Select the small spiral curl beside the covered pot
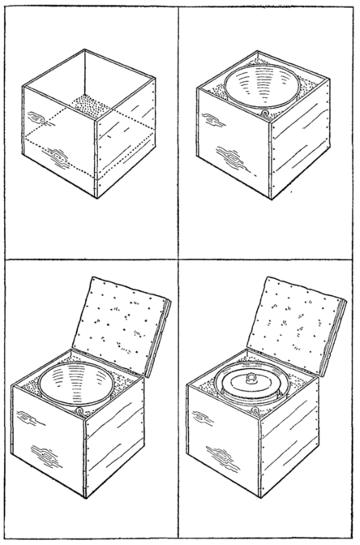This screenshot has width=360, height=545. coord(256,411)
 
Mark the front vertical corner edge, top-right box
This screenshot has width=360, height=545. coord(272,158)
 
